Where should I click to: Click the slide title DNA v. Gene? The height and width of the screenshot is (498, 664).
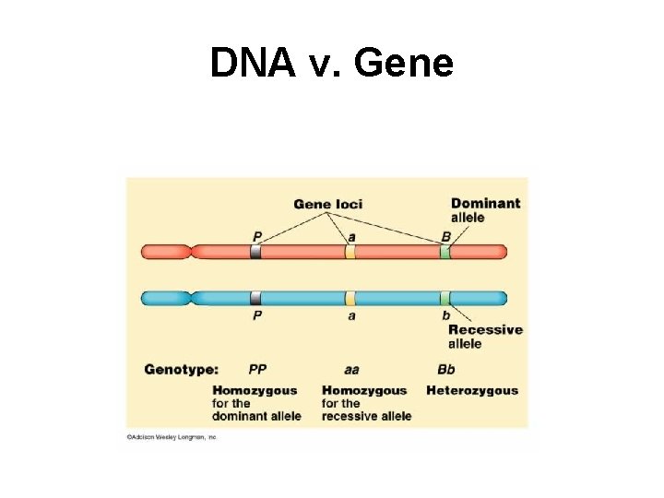pyautogui.click(x=332, y=63)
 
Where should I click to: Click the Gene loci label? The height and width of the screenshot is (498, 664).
pyautogui.click(x=328, y=204)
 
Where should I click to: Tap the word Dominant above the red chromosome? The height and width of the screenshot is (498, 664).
pyautogui.click(x=485, y=203)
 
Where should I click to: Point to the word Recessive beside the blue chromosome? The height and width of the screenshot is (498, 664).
pyautogui.click(x=485, y=329)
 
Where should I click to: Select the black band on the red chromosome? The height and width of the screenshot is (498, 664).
pyautogui.click(x=255, y=252)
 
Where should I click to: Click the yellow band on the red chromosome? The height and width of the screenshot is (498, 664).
pyautogui.click(x=350, y=252)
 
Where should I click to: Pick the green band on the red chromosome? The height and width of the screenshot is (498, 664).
pyautogui.click(x=445, y=252)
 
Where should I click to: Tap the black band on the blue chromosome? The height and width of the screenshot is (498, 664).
pyautogui.click(x=255, y=298)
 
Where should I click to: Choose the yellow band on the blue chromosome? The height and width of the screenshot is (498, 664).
pyautogui.click(x=350, y=298)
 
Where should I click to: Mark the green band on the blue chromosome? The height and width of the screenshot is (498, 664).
pyautogui.click(x=445, y=298)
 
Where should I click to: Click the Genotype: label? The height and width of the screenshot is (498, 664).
pyautogui.click(x=181, y=370)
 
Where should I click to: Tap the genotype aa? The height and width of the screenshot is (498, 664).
pyautogui.click(x=351, y=370)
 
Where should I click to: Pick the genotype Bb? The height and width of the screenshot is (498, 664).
pyautogui.click(x=446, y=370)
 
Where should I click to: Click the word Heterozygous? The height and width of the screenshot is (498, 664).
pyautogui.click(x=472, y=390)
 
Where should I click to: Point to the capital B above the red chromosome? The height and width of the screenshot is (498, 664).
pyautogui.click(x=446, y=237)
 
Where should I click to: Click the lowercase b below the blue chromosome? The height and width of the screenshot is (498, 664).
pyautogui.click(x=446, y=315)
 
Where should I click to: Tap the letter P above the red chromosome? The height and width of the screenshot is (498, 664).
pyautogui.click(x=256, y=237)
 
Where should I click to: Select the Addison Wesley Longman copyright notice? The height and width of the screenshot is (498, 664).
pyautogui.click(x=171, y=437)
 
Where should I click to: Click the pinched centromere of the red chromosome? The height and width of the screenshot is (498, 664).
pyautogui.click(x=190, y=252)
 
